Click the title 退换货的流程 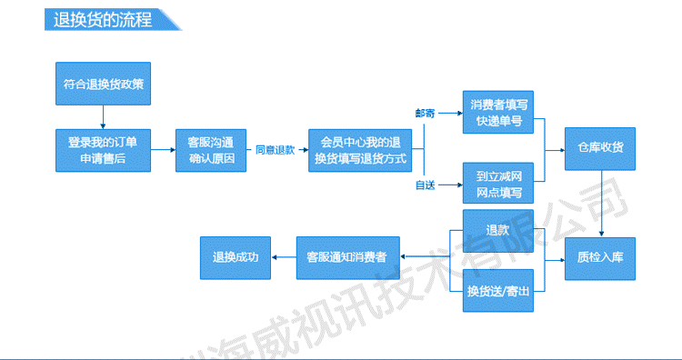pyautogui.click(x=103, y=20)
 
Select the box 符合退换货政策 pyautogui.click(x=103, y=84)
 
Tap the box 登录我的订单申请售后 pyautogui.click(x=103, y=150)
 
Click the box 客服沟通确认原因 pyautogui.click(x=211, y=150)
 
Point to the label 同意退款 pyautogui.click(x=275, y=150)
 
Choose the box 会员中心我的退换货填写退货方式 pyautogui.click(x=360, y=150)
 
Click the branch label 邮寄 pyautogui.click(x=425, y=114)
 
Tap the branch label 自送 pyautogui.click(x=425, y=185)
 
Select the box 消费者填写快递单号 pyautogui.click(x=498, y=112)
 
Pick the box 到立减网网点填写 pyautogui.click(x=498, y=183)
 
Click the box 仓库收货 pyautogui.click(x=600, y=149)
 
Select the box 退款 pyautogui.click(x=498, y=231)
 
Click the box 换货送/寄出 pyautogui.click(x=498, y=290)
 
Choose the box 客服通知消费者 pyautogui.click(x=348, y=258)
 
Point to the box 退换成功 pyautogui.click(x=236, y=258)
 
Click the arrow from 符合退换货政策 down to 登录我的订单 pyautogui.click(x=103, y=117)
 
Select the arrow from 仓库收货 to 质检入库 pyautogui.click(x=602, y=204)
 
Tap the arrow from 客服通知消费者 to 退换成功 pyautogui.click(x=284, y=257)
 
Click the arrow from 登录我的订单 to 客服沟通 pyautogui.click(x=163, y=150)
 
